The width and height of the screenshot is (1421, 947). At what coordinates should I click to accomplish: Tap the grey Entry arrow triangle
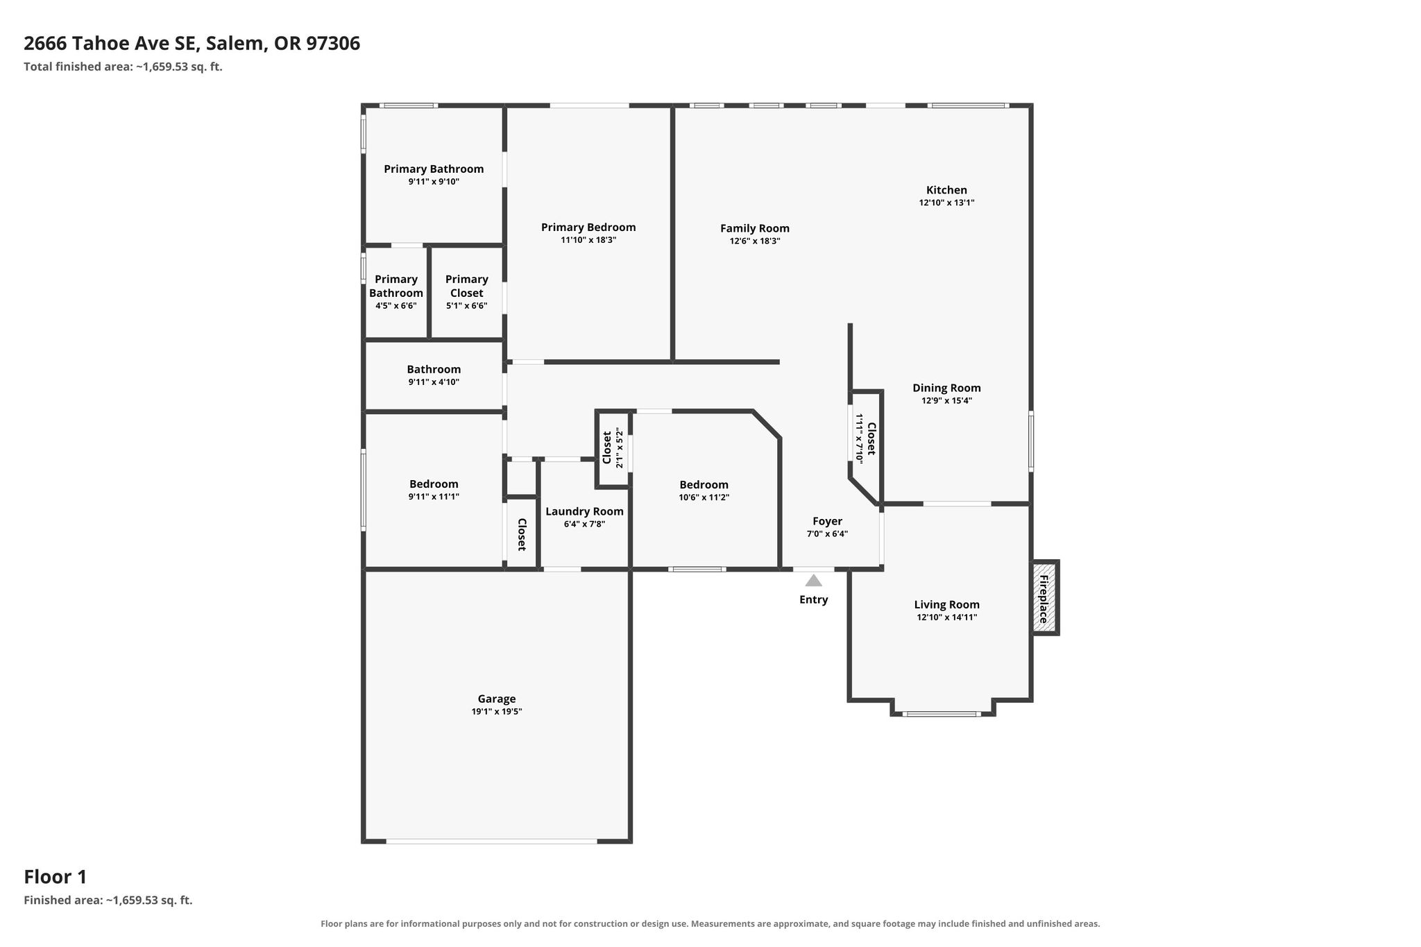(813, 580)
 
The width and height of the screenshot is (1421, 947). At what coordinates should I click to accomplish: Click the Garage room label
(497, 699)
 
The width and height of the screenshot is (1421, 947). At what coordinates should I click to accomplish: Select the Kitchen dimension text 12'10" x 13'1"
(946, 203)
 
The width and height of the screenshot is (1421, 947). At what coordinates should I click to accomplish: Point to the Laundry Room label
(584, 511)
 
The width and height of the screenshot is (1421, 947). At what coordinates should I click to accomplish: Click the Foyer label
(827, 521)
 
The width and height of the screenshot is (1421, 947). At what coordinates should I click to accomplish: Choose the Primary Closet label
(466, 286)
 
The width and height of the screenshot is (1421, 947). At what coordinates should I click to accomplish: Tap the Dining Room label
(946, 388)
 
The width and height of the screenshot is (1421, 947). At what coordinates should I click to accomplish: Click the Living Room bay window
(942, 713)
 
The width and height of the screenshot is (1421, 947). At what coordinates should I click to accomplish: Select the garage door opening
(491, 841)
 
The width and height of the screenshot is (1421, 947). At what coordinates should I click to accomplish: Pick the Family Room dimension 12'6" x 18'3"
(755, 241)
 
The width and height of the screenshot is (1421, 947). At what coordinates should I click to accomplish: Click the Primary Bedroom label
(588, 227)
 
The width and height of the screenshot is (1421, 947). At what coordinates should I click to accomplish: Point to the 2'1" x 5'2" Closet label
(607, 447)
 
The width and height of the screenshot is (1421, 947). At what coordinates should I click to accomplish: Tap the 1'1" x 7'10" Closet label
(871, 438)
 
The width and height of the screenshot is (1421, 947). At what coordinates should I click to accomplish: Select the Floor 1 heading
(56, 877)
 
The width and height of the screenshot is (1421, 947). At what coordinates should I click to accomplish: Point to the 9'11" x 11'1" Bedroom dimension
(434, 497)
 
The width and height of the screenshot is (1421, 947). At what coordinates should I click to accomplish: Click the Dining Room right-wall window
(1030, 441)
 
